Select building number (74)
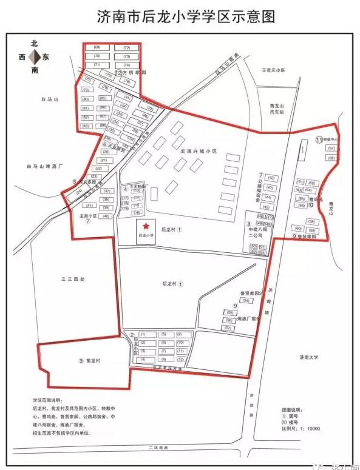pos(127,64)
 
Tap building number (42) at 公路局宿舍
pos(271,178)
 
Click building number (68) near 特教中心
pos(331,158)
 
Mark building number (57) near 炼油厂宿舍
pos(229,327)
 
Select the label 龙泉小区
pos(89,215)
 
